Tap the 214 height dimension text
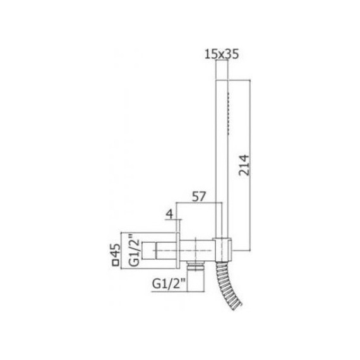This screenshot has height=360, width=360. click(247, 167)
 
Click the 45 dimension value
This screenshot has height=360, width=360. click(115, 243)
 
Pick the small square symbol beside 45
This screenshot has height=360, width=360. click(115, 259)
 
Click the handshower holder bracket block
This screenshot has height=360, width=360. click(222, 246)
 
